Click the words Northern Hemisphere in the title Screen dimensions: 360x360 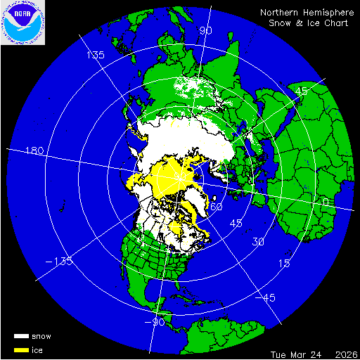(x=303, y=13)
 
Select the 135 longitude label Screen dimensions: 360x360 (x=95, y=55)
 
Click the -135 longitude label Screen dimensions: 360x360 (x=63, y=262)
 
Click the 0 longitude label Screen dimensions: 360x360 (x=323, y=202)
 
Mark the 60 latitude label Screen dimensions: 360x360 (x=217, y=207)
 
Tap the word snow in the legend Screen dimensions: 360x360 (x=41, y=336)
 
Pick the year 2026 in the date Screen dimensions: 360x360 (x=345, y=354)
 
